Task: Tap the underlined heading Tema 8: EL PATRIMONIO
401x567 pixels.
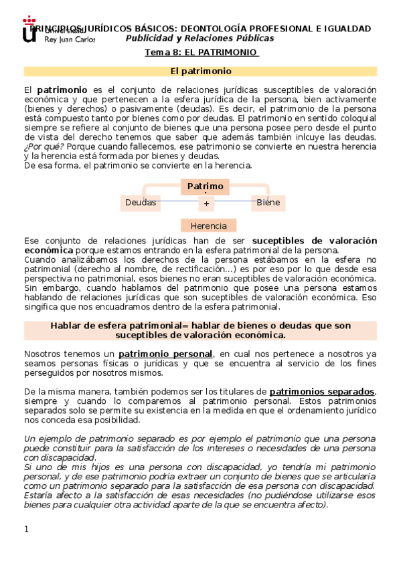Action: (202, 53)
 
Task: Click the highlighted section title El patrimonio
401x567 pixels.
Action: (201, 71)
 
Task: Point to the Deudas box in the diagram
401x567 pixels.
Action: (141, 202)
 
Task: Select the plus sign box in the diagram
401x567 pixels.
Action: (207, 203)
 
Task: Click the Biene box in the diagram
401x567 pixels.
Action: (268, 202)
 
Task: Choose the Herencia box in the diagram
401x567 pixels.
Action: (208, 225)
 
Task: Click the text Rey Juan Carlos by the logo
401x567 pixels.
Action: (70, 39)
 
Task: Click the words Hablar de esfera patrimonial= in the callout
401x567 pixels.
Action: (118, 325)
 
